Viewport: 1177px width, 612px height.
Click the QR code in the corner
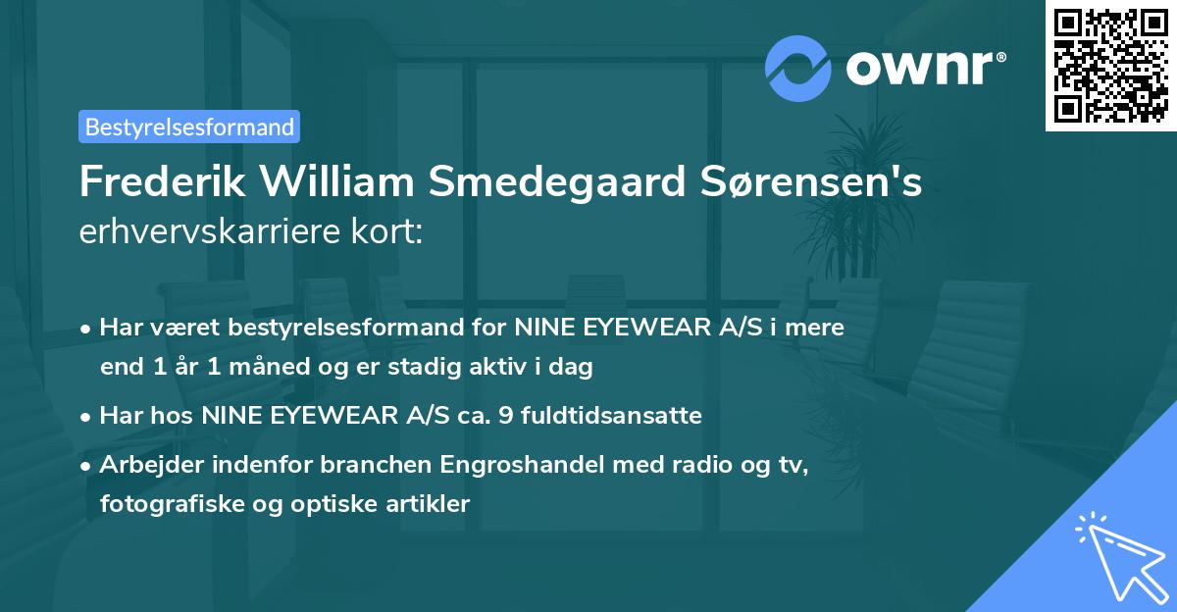1110,65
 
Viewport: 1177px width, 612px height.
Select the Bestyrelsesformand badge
189,127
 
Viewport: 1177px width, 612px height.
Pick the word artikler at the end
430,504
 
